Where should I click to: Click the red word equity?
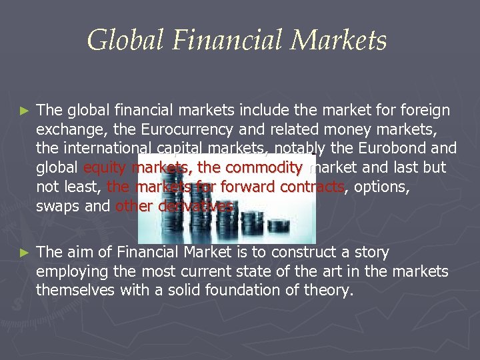click(105, 167)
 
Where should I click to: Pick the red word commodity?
click(267, 167)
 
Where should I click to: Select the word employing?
click(69, 271)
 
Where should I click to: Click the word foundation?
click(244, 290)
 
